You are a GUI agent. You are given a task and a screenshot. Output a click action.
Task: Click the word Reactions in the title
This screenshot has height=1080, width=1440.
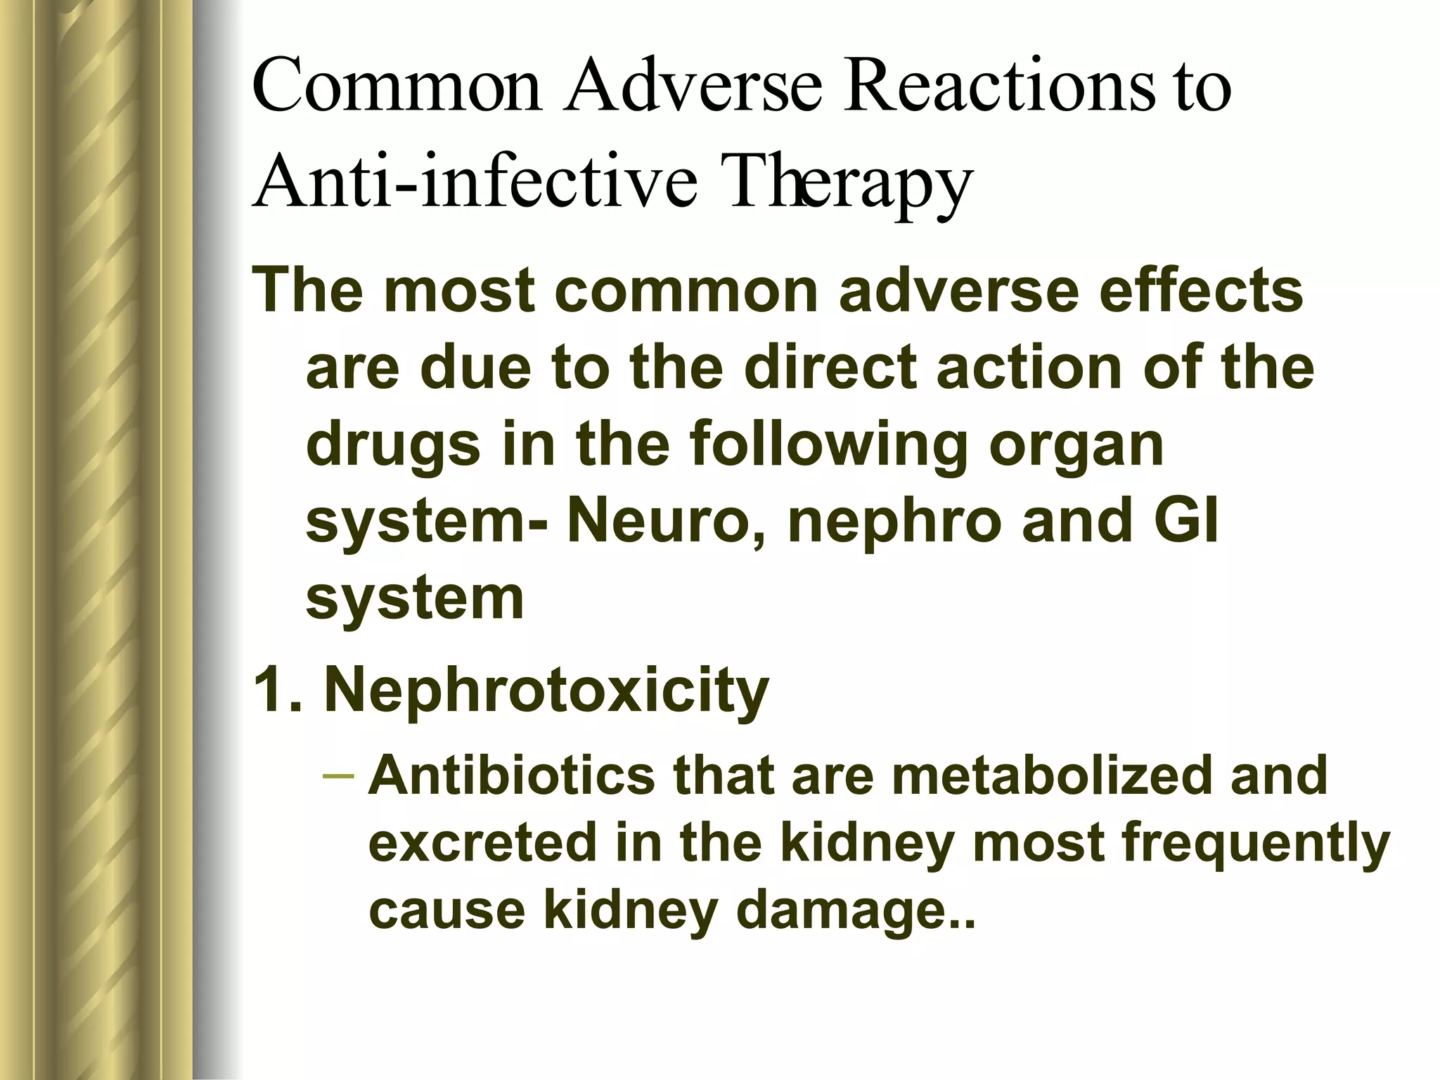[x=999, y=87]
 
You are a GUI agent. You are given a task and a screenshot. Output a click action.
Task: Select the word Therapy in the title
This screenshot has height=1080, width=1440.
[x=850, y=183]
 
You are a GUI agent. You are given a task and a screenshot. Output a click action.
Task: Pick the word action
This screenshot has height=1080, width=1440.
[x=1029, y=367]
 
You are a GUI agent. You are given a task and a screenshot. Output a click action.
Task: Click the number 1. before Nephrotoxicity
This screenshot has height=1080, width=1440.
[x=276, y=690]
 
